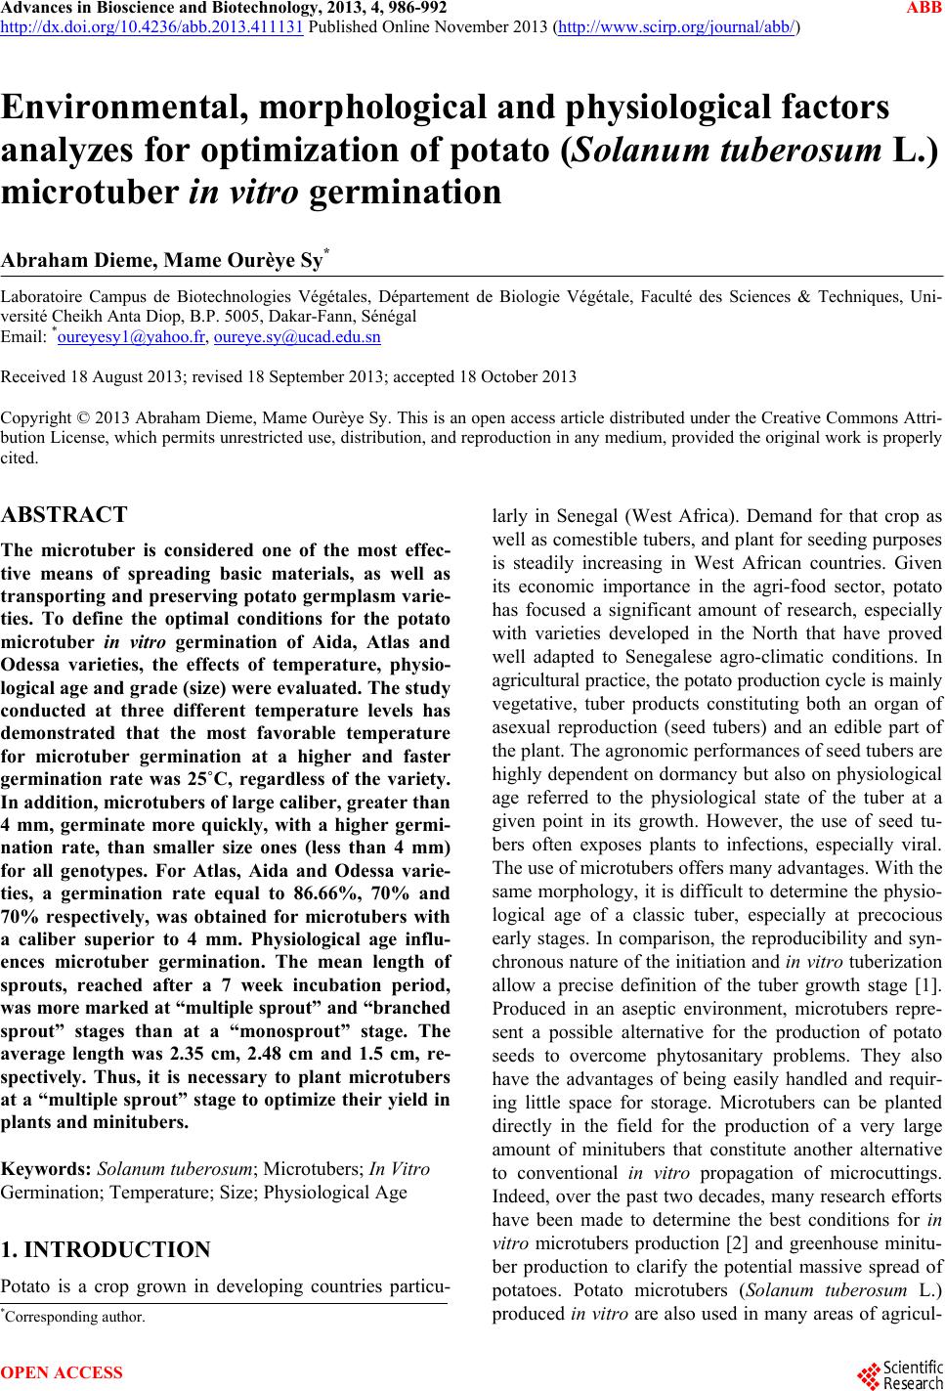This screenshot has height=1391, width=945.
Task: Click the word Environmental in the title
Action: (121, 108)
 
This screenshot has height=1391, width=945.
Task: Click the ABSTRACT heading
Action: (64, 515)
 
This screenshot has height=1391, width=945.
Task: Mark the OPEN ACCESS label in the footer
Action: (63, 1373)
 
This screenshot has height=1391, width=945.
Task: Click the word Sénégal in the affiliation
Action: (388, 317)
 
